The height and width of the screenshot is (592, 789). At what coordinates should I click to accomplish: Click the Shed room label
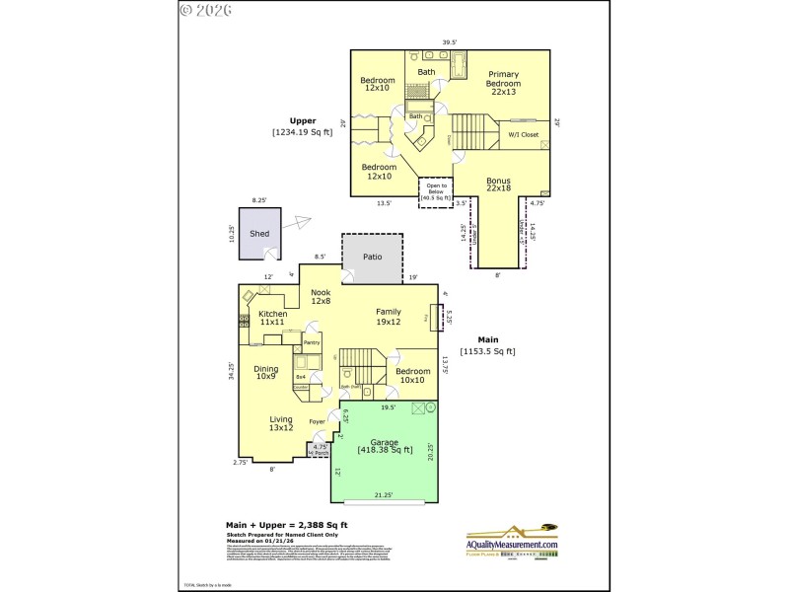coord(259,234)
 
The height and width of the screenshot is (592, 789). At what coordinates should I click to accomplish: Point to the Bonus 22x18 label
coord(500,185)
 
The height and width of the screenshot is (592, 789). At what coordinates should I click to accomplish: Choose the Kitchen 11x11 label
coord(272,318)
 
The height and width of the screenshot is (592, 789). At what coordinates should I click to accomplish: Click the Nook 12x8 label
coord(321,297)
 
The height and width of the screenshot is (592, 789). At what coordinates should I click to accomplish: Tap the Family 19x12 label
coord(388,316)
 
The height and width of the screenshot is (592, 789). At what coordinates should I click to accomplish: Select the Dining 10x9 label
coord(265,371)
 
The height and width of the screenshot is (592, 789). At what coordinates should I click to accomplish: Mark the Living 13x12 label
coord(281,423)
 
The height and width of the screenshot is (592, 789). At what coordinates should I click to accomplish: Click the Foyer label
coord(317,422)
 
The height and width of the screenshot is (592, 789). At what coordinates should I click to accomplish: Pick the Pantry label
coord(312,342)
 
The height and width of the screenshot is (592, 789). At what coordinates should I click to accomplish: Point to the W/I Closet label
coord(523,134)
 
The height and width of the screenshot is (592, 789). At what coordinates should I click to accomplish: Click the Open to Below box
coord(435,191)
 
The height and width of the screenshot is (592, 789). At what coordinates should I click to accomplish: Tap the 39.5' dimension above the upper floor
coord(450,42)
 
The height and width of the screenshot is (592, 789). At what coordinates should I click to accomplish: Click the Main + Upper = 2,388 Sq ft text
coord(287,525)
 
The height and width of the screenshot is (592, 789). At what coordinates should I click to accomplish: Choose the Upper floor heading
coord(303,121)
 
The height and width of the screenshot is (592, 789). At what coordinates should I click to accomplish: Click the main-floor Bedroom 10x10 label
coord(411,376)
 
